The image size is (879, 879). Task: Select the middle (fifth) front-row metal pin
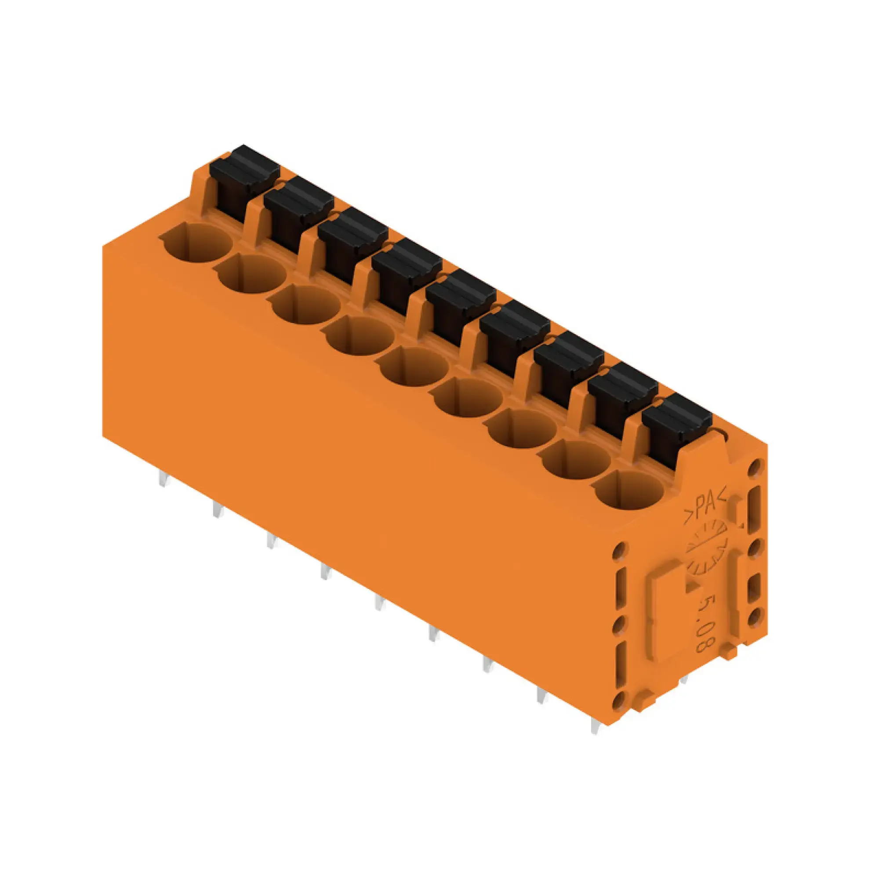pos(379,603)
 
